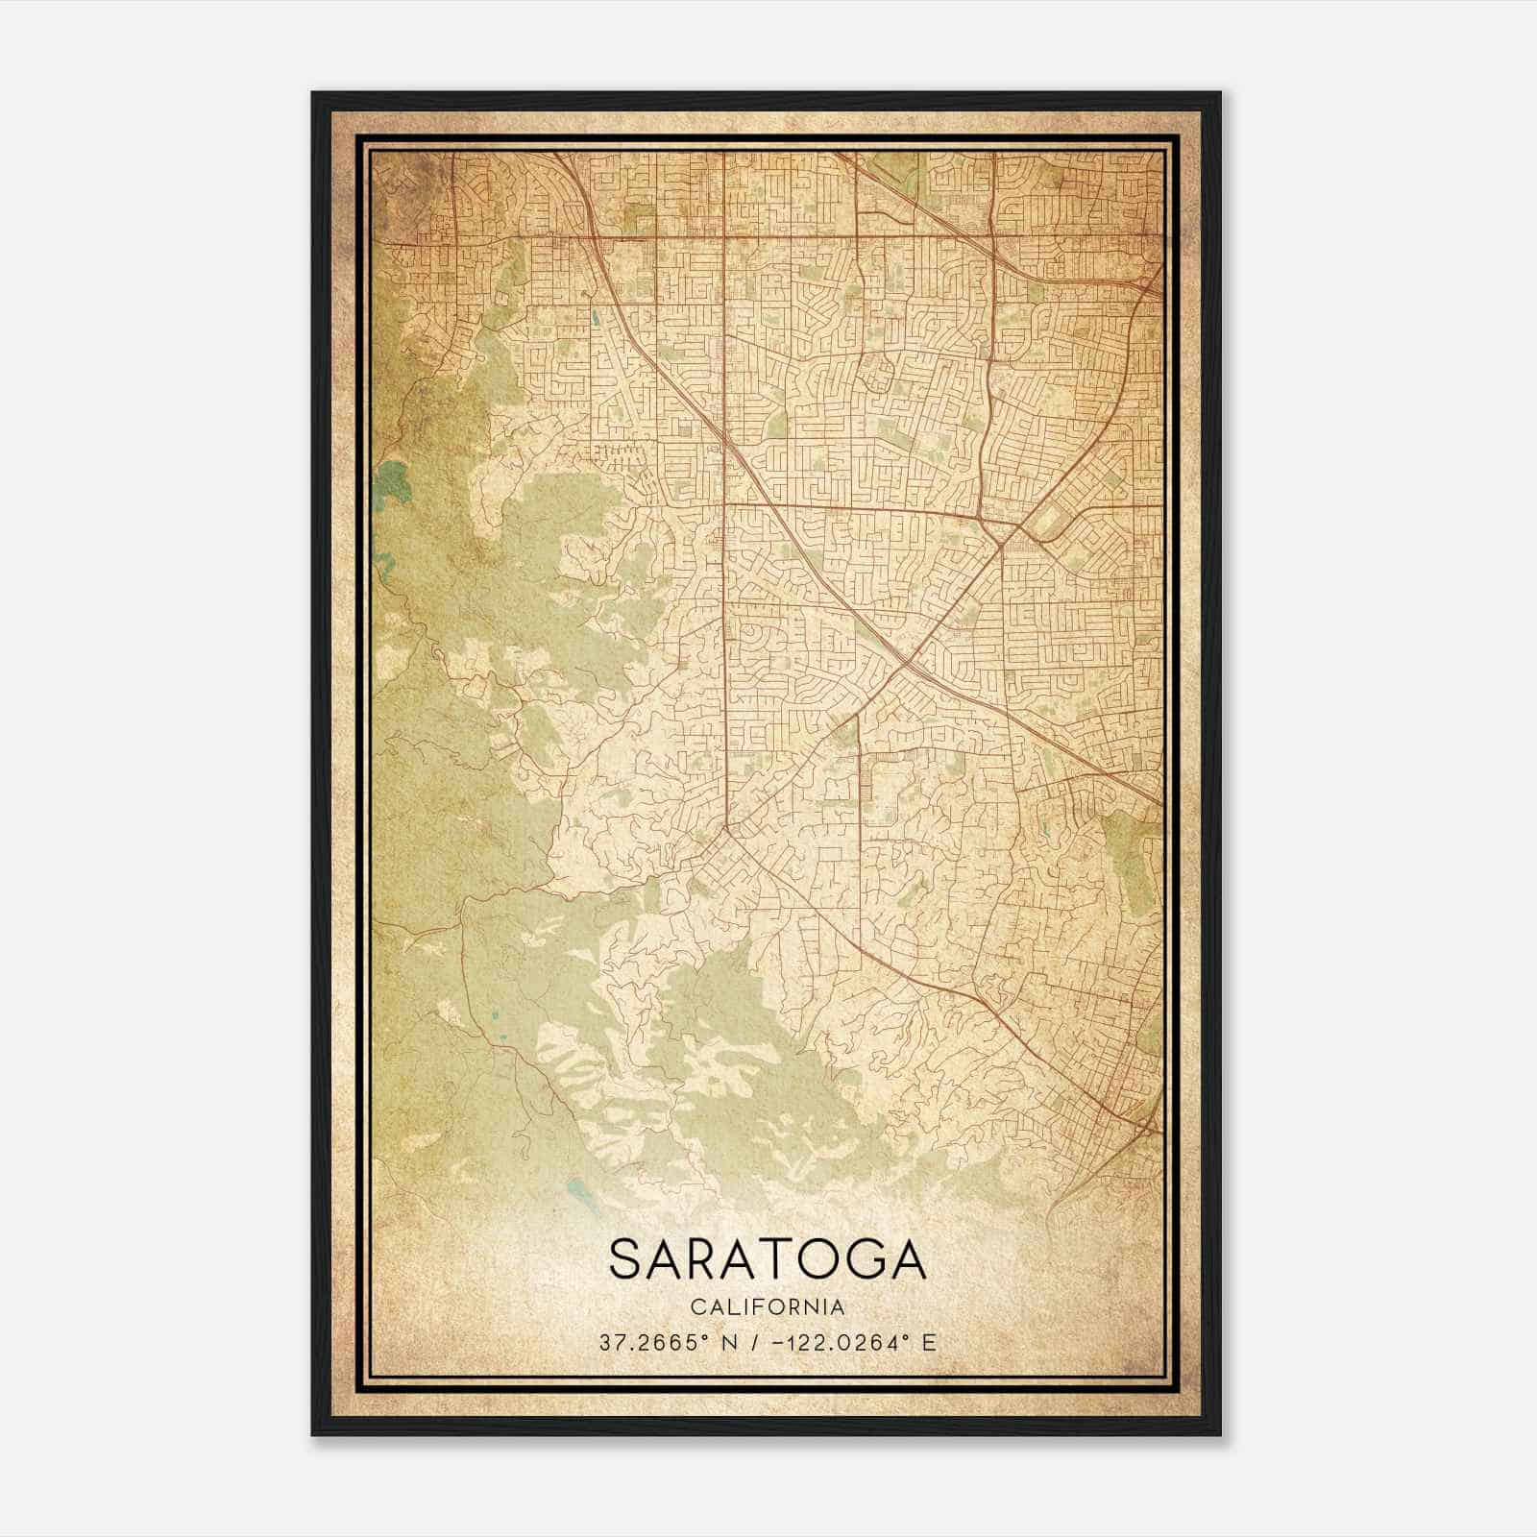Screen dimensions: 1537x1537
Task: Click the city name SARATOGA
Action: tap(768, 1259)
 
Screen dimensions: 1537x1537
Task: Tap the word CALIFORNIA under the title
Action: tap(768, 1307)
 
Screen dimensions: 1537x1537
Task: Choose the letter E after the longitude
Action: tap(928, 1342)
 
